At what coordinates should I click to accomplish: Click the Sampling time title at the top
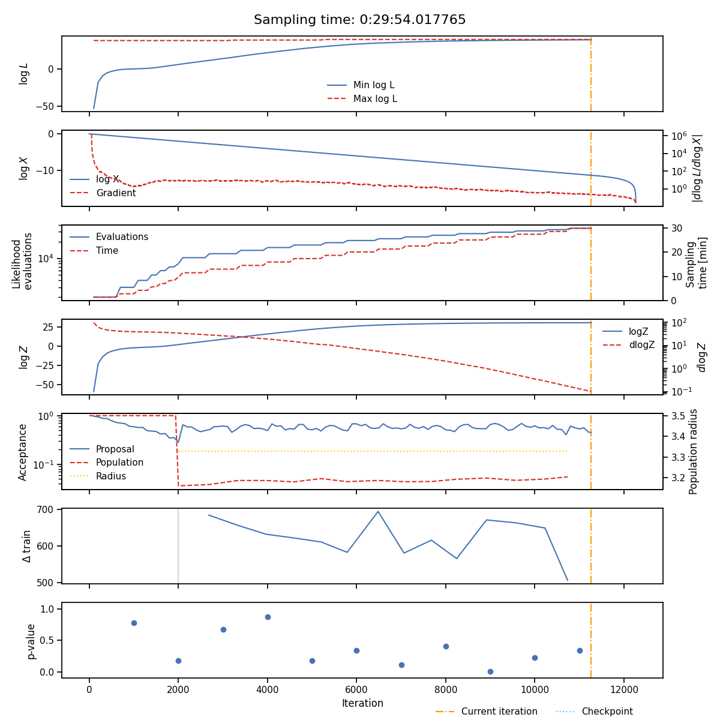[359, 20]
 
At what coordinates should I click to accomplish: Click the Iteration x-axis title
[362, 703]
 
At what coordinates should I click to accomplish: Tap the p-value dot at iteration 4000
[268, 617]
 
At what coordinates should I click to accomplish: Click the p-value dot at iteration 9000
[490, 671]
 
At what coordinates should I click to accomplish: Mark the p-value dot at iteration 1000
[134, 623]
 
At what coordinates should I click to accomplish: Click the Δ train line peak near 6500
[378, 511]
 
